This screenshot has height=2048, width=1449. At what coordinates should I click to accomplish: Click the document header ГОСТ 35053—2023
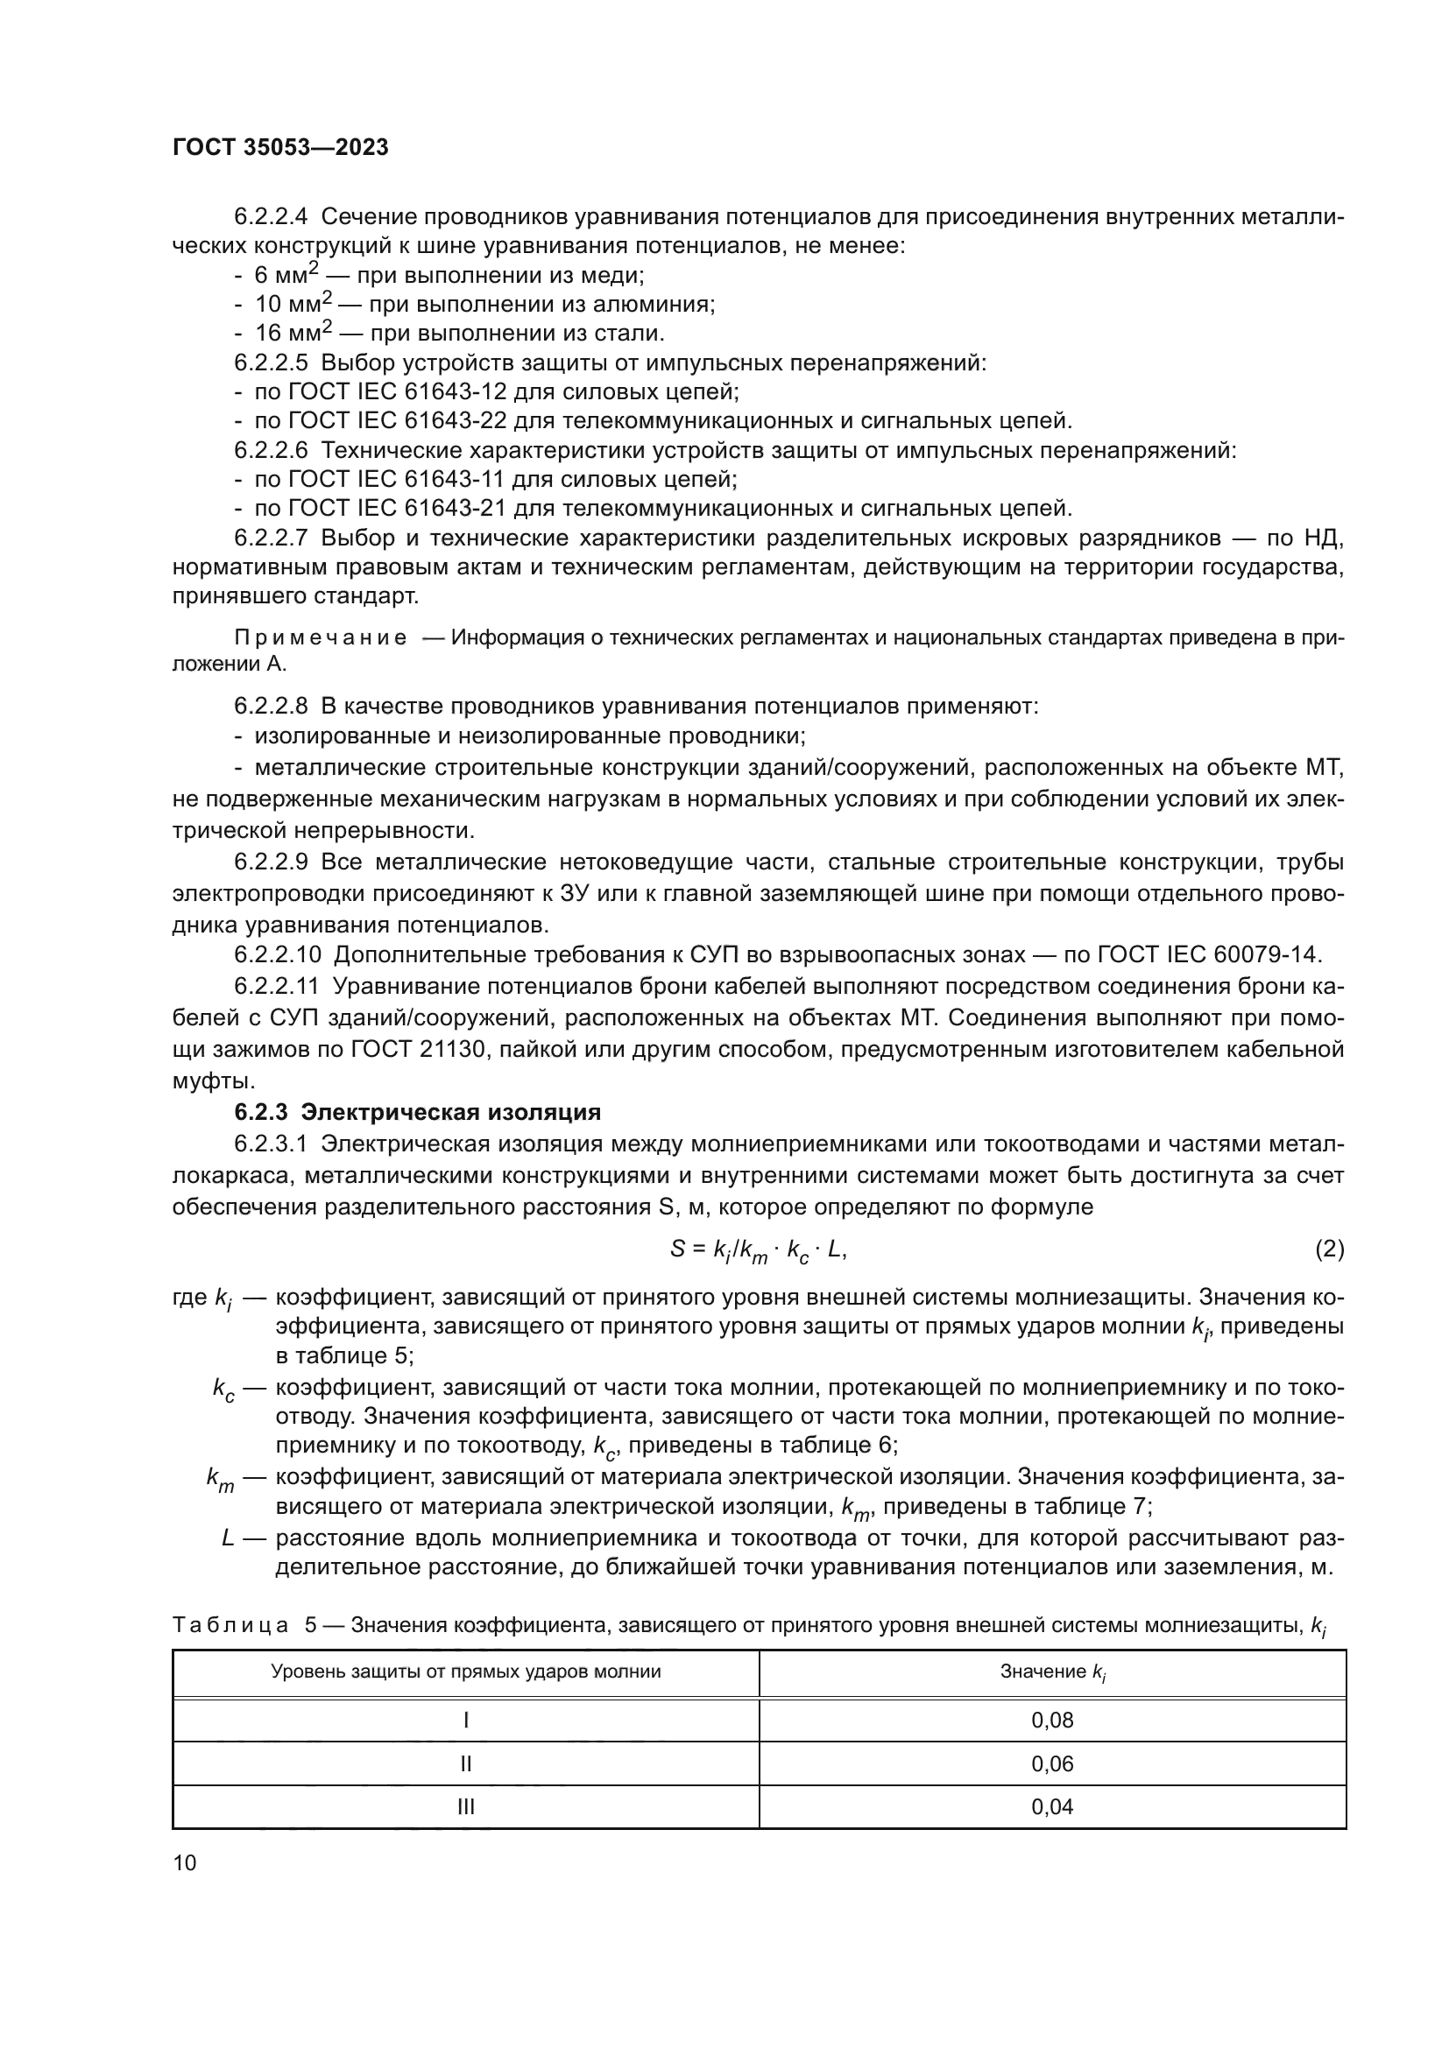click(x=280, y=148)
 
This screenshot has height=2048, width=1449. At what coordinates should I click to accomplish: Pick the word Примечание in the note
click(x=321, y=637)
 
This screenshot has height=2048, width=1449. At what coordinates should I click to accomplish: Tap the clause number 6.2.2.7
click(x=272, y=538)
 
